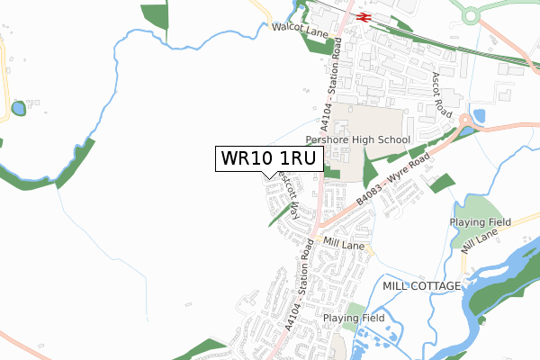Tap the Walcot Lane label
pyautogui.click(x=301, y=31)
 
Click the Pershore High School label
pyautogui.click(x=357, y=140)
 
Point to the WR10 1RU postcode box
pyautogui.click(x=267, y=158)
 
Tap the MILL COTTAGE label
pyautogui.click(x=422, y=285)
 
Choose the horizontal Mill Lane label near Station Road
pyautogui.click(x=342, y=243)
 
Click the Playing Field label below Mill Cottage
pyautogui.click(x=355, y=319)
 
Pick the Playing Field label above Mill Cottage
pyautogui.click(x=481, y=221)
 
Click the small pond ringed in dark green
pyautogui.click(x=19, y=109)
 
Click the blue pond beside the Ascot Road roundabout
pyautogui.click(x=479, y=116)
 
